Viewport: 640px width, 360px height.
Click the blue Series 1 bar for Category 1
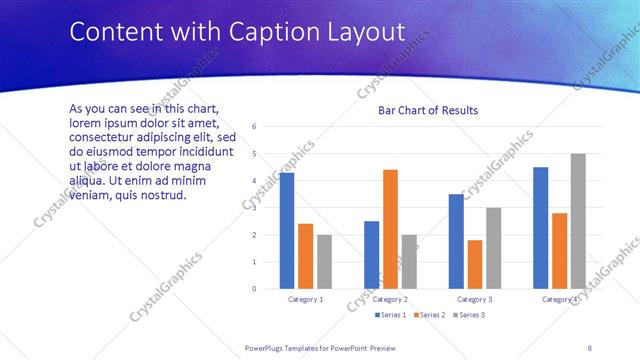[x=287, y=231]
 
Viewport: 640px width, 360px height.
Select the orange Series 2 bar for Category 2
[x=390, y=229]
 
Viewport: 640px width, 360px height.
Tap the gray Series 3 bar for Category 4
[x=578, y=221]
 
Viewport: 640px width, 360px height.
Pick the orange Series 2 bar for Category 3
[x=475, y=264]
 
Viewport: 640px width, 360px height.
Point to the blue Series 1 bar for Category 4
[x=541, y=228]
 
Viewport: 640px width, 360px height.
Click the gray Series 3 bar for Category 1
[x=324, y=262]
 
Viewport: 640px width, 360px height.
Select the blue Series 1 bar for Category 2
[x=371, y=255]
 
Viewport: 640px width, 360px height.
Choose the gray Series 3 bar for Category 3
[x=493, y=248]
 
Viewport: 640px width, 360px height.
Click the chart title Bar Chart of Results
[x=428, y=110]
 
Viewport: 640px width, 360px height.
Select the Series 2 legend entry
[x=429, y=315]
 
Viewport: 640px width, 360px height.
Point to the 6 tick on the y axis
[x=255, y=127]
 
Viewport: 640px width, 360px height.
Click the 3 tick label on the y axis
[x=255, y=208]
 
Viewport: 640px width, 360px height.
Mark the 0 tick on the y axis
[x=255, y=289]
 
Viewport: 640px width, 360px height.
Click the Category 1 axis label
[x=306, y=299]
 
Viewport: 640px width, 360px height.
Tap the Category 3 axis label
[x=475, y=299]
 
